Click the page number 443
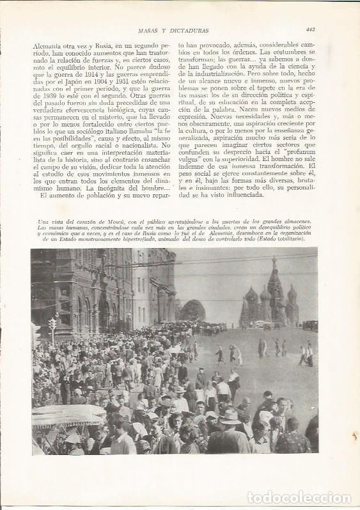pyautogui.click(x=310, y=28)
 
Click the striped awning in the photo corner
pyautogui.click(x=67, y=419)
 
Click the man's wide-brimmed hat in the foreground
pyautogui.click(x=228, y=417)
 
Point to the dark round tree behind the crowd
pyautogui.click(x=192, y=311)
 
